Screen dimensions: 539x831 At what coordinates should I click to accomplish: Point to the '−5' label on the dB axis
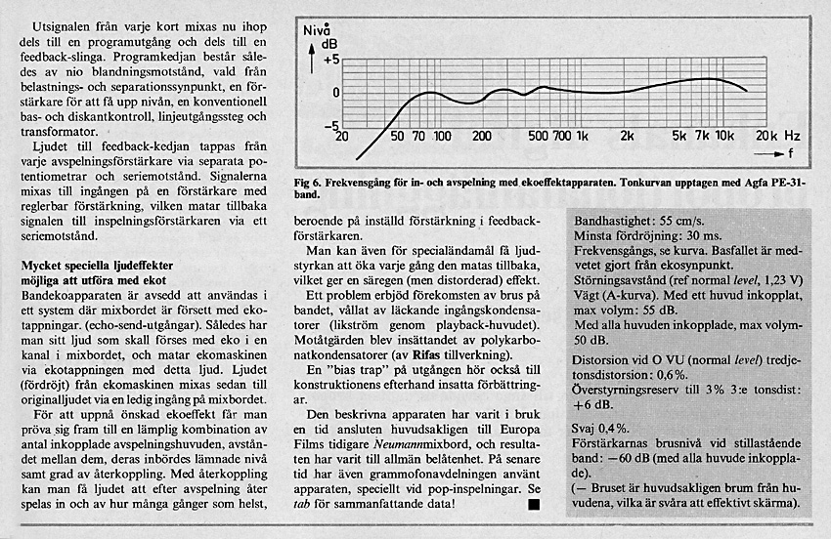click(x=330, y=125)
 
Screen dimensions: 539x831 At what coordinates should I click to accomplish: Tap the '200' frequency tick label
click(x=481, y=136)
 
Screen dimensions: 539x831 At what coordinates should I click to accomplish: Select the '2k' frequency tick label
click(x=627, y=136)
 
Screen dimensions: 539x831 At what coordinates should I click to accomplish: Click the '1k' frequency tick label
click(x=584, y=136)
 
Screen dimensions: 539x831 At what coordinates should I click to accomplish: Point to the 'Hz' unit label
click(x=792, y=136)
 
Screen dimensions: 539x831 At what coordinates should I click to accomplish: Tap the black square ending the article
click(x=533, y=504)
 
